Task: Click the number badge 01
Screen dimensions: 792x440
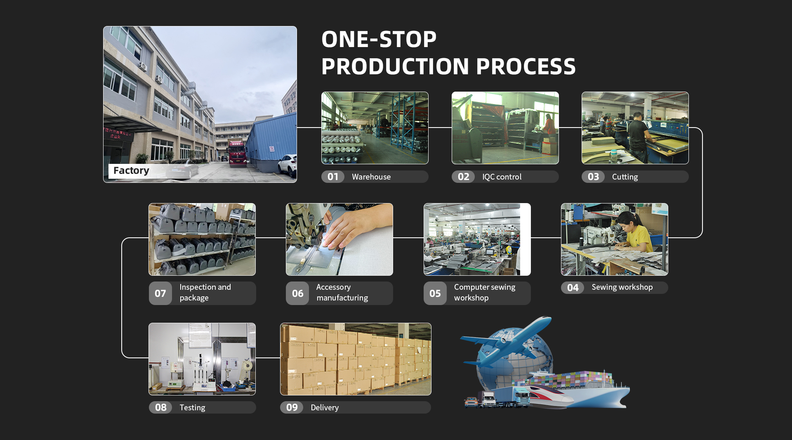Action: click(x=333, y=177)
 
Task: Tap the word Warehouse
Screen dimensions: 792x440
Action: click(x=371, y=177)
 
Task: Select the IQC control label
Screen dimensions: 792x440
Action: click(x=502, y=177)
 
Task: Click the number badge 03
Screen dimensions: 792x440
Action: click(x=593, y=177)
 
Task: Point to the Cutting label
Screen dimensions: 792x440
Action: click(x=625, y=177)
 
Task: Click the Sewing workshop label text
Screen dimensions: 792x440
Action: click(x=622, y=287)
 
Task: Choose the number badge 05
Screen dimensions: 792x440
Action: click(x=435, y=293)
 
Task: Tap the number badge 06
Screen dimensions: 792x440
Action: click(x=297, y=293)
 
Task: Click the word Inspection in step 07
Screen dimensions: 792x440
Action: click(x=197, y=287)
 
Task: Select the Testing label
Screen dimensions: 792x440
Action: click(x=192, y=407)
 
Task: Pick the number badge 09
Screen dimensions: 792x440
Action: click(x=292, y=407)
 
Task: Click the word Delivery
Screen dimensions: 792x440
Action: click(x=325, y=407)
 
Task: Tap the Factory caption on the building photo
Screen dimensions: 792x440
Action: click(x=131, y=170)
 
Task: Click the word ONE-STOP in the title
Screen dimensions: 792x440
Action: click(x=379, y=39)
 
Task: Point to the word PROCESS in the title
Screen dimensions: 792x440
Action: click(x=526, y=66)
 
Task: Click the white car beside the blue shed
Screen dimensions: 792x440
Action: click(x=288, y=165)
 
